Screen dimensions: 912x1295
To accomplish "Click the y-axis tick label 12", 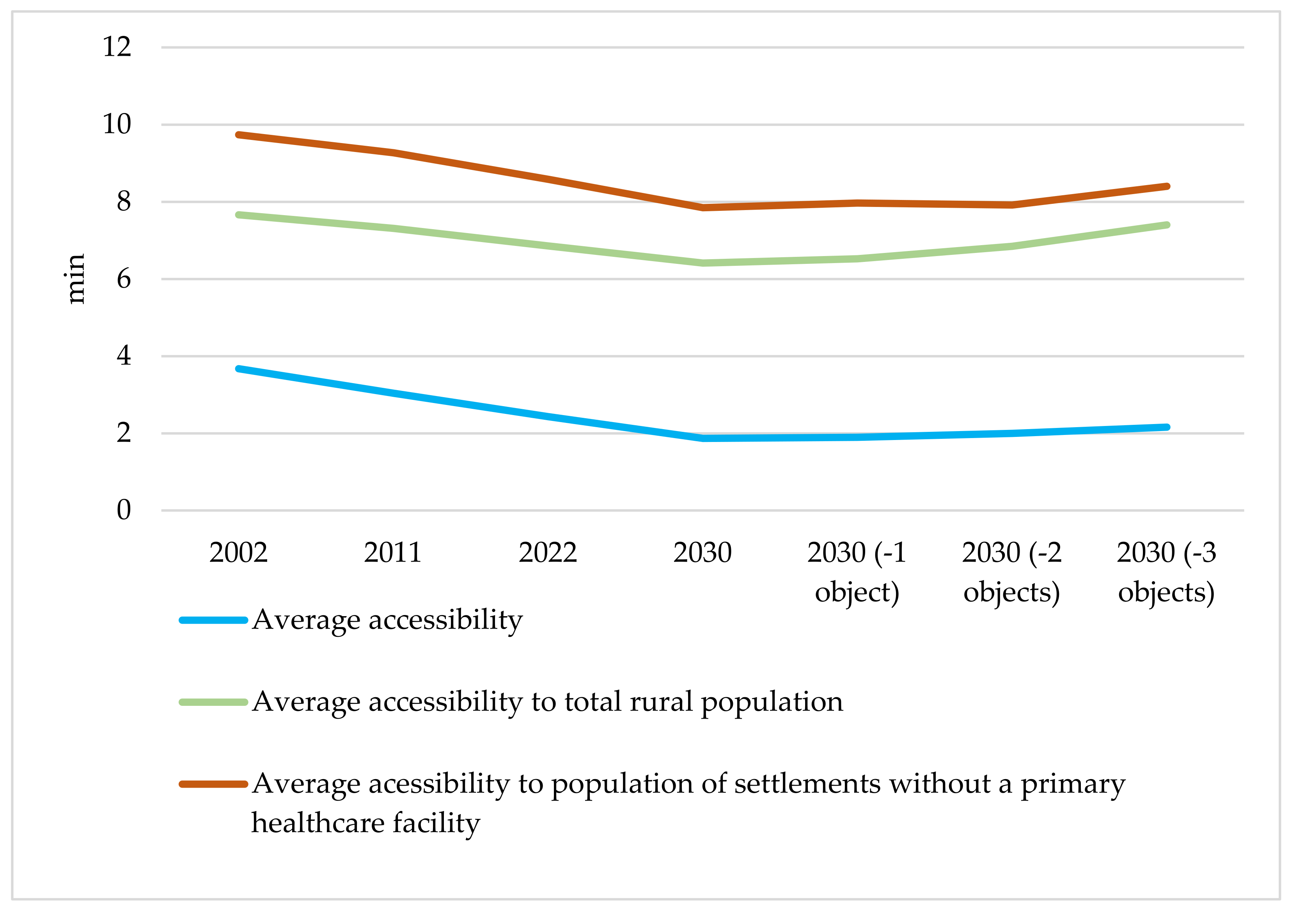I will coord(117,47).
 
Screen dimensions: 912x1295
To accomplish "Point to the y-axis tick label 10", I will coord(117,124).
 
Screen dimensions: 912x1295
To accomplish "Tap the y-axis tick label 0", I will coord(124,510).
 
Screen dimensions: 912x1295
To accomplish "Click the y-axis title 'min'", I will coord(75,279).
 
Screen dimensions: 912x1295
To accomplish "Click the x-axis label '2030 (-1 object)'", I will coord(857,572).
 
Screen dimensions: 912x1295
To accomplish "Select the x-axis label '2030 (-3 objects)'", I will coord(1166,572).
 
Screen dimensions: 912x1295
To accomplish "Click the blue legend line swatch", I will coord(214,620).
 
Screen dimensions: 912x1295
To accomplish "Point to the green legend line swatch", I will coord(214,702).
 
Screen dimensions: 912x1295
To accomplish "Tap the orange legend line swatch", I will coord(214,785).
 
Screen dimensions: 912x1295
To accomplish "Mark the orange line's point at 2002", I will coord(239,135).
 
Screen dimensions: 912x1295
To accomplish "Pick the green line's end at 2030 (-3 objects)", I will coord(1166,225).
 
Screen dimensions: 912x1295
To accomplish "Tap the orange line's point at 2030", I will coord(703,207).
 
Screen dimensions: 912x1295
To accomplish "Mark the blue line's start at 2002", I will coord(239,369).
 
